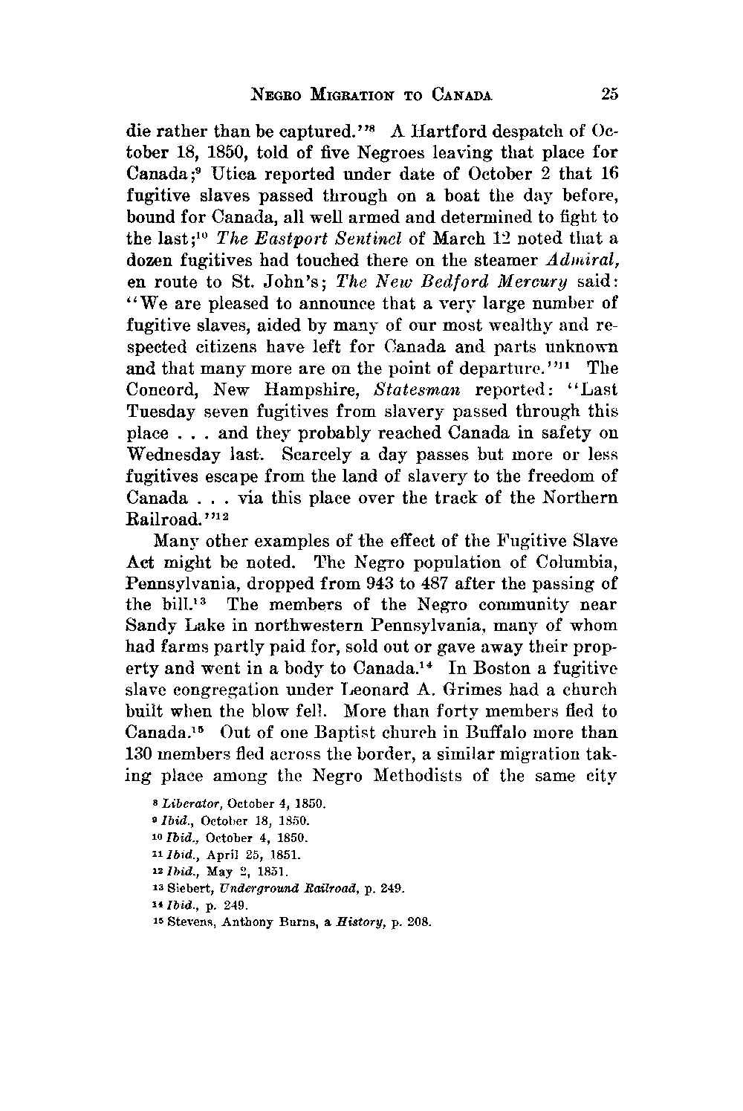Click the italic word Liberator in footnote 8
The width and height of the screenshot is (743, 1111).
(x=176, y=804)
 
